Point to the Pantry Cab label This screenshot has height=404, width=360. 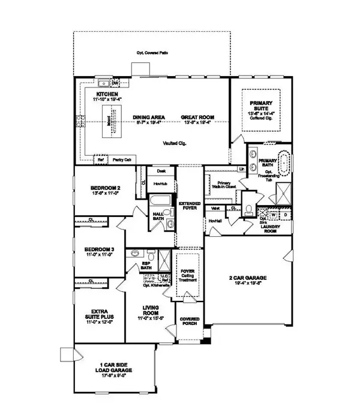(x=122, y=159)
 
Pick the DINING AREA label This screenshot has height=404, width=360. (x=146, y=117)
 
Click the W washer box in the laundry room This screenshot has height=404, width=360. (x=274, y=213)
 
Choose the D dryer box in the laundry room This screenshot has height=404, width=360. (x=286, y=213)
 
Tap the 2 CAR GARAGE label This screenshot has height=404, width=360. (x=248, y=278)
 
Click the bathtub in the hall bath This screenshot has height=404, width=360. (x=160, y=201)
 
